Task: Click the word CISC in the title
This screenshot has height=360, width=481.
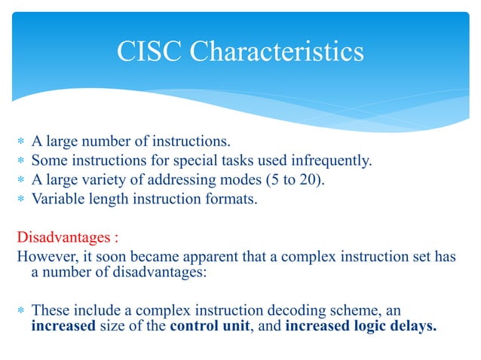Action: click(149, 52)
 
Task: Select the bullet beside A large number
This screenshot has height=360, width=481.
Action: click(22, 141)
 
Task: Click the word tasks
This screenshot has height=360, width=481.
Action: click(226, 160)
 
